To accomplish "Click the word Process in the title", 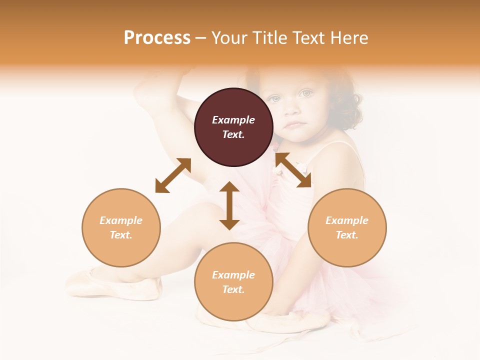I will pos(157,38).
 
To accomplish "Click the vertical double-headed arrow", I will pos(229,205).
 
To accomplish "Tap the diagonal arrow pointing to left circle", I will pos(173,175).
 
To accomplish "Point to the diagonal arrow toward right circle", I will pos(293,170).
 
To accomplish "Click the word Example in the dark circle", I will pos(233,120).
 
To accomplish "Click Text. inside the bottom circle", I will pos(233,289).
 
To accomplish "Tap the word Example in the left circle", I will pos(121,220).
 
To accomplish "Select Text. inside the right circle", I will pos(347,235).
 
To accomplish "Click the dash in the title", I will pos(200,38).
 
